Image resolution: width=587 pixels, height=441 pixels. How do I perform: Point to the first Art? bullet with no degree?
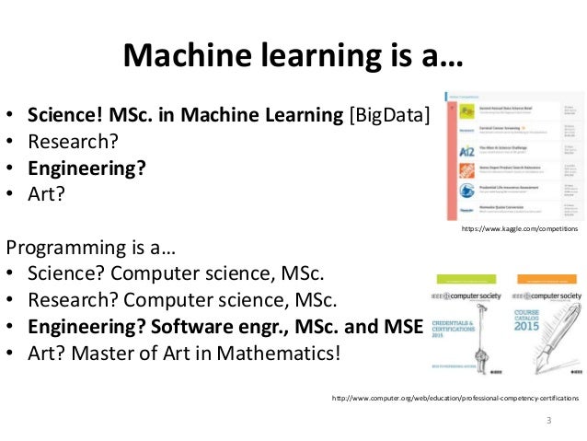point(47,195)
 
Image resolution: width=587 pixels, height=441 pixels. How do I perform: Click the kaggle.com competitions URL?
point(519,228)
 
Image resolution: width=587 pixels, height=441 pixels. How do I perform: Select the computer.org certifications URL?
point(455,399)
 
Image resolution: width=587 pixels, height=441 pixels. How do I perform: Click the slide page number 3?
point(548,422)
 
